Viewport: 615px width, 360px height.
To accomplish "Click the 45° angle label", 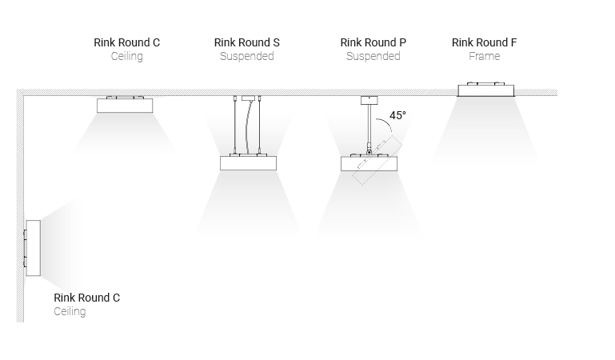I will (398, 115).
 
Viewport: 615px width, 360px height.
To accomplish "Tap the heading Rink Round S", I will (247, 42).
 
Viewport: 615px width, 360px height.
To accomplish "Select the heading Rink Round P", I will (373, 42).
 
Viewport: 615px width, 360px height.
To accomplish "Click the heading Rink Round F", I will (484, 42).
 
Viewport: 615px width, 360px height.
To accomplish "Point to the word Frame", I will (484, 57).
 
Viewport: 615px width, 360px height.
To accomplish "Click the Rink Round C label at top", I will (126, 42).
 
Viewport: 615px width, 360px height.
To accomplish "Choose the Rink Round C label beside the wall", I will (86, 298).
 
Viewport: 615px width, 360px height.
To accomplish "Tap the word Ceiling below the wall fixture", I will (70, 312).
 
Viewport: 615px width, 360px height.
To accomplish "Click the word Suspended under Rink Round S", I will (247, 57).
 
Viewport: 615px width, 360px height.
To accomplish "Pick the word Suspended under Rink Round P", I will (373, 57).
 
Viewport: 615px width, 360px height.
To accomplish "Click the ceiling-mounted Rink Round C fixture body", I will (126, 105).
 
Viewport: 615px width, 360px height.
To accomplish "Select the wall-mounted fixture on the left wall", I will (33, 247).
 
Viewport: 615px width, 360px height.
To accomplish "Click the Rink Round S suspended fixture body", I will (248, 162).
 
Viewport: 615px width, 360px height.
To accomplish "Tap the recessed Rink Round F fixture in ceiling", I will (485, 90).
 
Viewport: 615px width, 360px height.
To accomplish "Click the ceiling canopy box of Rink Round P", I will (369, 100).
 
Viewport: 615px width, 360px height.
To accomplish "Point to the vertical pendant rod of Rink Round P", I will (369, 124).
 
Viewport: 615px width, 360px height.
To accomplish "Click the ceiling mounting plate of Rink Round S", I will (247, 98).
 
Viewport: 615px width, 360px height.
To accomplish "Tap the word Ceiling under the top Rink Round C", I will (126, 57).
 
